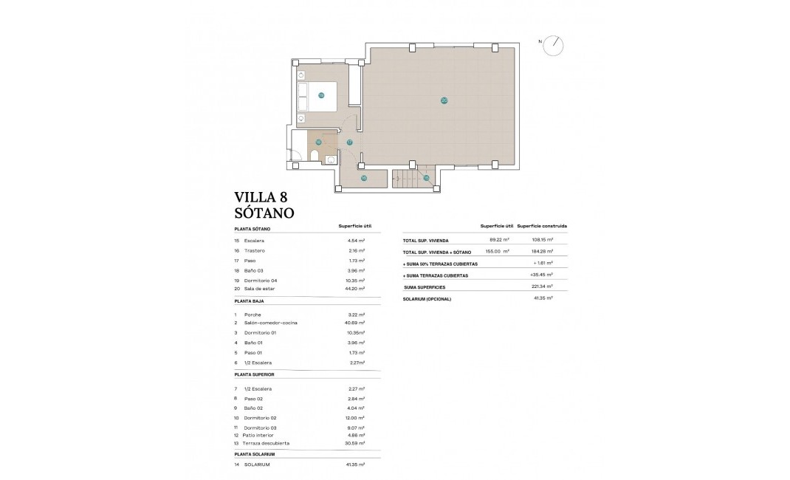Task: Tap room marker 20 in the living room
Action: (x=444, y=100)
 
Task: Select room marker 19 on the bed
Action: (x=321, y=95)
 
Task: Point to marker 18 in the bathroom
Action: (x=318, y=142)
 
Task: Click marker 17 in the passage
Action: (x=350, y=143)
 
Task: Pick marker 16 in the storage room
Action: (x=364, y=177)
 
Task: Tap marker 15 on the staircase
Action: (x=426, y=177)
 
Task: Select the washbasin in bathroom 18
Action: (x=331, y=159)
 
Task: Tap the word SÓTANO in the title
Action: (x=264, y=213)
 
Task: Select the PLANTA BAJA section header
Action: (x=249, y=301)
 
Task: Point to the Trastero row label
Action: (x=255, y=251)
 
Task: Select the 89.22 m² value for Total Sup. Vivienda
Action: (x=500, y=240)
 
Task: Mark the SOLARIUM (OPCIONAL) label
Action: (x=427, y=299)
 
